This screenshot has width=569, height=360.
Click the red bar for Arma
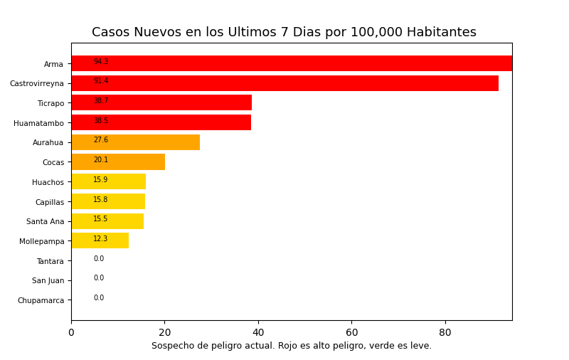click(292, 63)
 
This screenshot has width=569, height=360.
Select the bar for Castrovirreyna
click(284, 83)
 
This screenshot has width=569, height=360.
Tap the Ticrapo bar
click(161, 102)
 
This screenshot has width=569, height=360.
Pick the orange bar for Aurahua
click(135, 142)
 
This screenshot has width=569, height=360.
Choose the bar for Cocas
click(118, 162)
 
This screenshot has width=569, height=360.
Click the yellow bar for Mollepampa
click(100, 240)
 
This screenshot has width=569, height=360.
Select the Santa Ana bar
click(107, 221)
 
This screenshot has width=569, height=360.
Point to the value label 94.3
click(101, 62)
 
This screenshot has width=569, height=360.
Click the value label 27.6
click(101, 140)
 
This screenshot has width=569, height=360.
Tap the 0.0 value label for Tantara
click(99, 259)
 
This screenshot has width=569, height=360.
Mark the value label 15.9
click(100, 180)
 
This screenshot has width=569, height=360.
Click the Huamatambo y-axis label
click(38, 123)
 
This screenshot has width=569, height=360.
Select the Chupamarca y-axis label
click(41, 300)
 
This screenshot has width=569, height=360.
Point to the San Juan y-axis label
click(48, 280)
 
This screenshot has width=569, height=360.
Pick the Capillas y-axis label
click(50, 202)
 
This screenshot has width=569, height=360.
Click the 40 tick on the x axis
click(258, 332)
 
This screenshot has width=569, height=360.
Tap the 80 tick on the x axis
click(445, 332)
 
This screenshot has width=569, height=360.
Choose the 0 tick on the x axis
click(71, 332)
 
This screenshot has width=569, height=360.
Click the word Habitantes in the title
click(441, 33)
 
